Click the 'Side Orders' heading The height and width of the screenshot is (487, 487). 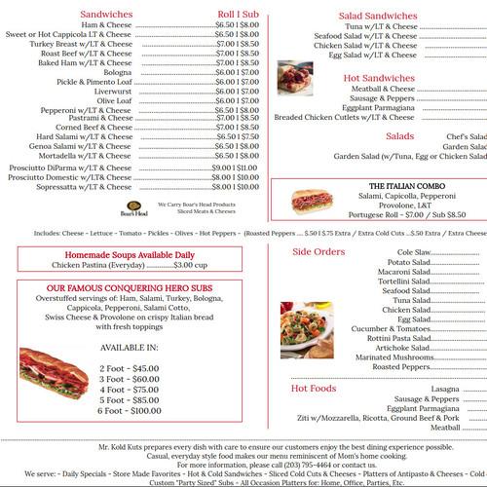coord(318,252)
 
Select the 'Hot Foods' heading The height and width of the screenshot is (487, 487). coord(313,389)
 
